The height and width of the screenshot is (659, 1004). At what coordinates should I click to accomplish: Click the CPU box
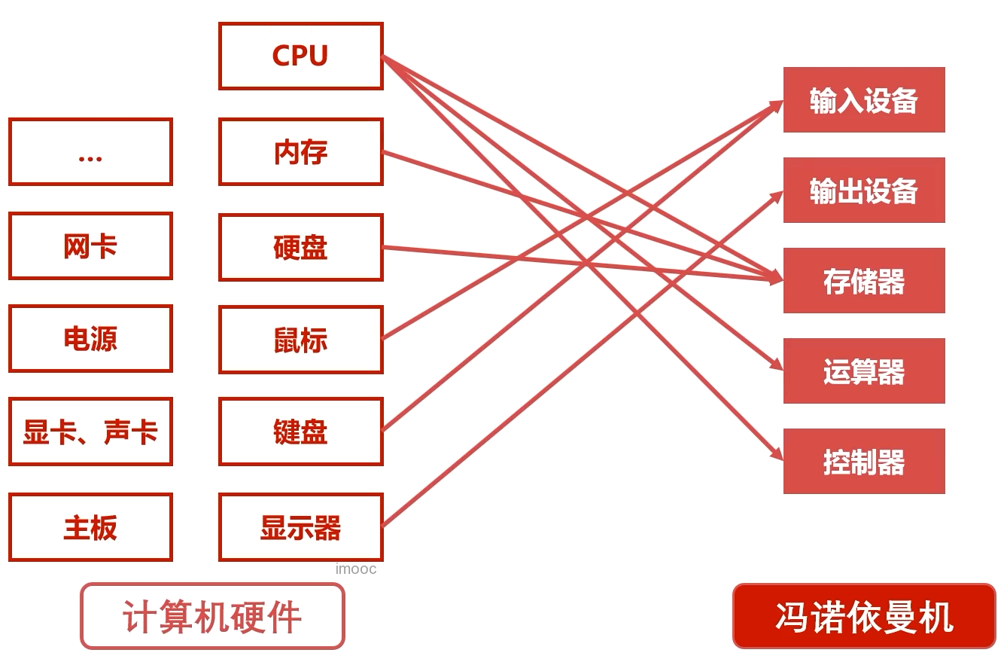tap(301, 56)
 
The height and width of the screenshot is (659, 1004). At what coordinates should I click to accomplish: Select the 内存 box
tap(301, 151)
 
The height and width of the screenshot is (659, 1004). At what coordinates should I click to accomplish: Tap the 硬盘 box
tap(301, 247)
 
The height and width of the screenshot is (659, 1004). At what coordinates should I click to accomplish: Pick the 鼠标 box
tap(301, 340)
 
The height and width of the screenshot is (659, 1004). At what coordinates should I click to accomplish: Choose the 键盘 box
tap(301, 432)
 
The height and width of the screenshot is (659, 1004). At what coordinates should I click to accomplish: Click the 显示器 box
tap(301, 527)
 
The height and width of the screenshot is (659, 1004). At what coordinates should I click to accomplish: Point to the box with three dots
tap(90, 151)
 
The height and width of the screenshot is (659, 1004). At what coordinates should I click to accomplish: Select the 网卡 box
tap(90, 246)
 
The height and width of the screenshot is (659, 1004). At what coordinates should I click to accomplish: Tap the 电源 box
tap(90, 339)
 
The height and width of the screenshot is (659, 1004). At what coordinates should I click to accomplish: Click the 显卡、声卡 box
tap(90, 432)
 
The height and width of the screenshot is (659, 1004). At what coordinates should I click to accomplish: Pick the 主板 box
tap(90, 527)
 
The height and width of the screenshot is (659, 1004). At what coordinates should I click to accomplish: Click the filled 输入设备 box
tap(864, 99)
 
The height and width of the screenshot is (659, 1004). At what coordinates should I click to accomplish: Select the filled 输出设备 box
tap(864, 191)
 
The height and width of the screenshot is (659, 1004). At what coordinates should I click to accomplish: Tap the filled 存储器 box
tap(864, 280)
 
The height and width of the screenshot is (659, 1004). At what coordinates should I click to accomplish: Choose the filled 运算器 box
tap(864, 371)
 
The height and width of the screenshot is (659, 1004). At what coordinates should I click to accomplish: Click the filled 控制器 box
tap(864, 461)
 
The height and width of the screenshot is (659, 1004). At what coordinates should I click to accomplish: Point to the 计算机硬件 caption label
tap(212, 616)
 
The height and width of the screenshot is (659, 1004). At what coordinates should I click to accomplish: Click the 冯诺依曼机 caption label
tap(864, 616)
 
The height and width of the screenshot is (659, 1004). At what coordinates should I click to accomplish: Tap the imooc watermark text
tap(356, 569)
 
